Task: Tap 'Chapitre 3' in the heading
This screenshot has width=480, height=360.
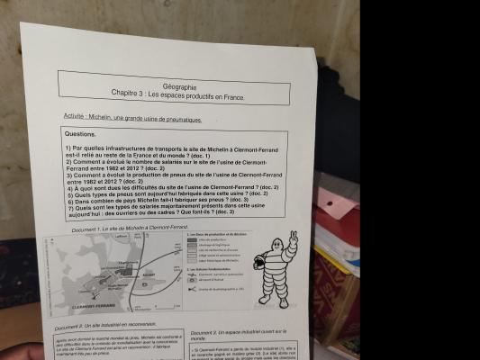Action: pyautogui.click(x=129, y=94)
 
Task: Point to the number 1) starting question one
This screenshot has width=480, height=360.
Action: pyautogui.click(x=68, y=148)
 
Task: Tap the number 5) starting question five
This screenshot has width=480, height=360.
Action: pyautogui.click(x=71, y=193)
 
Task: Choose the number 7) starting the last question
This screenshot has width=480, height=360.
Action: pyautogui.click(x=71, y=205)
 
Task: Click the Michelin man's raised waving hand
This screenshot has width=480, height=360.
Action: pyautogui.click(x=292, y=238)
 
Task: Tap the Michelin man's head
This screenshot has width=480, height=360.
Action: pyautogui.click(x=280, y=252)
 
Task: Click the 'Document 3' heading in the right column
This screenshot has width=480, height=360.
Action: pyautogui.click(x=209, y=334)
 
